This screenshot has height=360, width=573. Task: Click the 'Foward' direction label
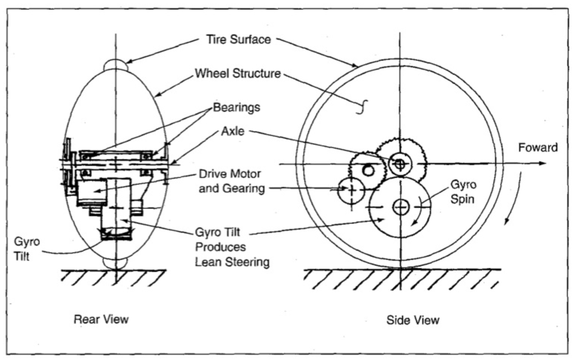coord(537,148)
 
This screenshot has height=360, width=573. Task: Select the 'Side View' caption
coord(413,320)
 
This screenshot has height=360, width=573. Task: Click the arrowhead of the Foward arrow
coord(541,163)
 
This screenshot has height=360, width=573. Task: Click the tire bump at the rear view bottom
coord(116,263)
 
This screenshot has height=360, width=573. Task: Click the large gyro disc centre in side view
coord(400,207)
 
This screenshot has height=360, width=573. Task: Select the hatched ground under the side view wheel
coord(401,278)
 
